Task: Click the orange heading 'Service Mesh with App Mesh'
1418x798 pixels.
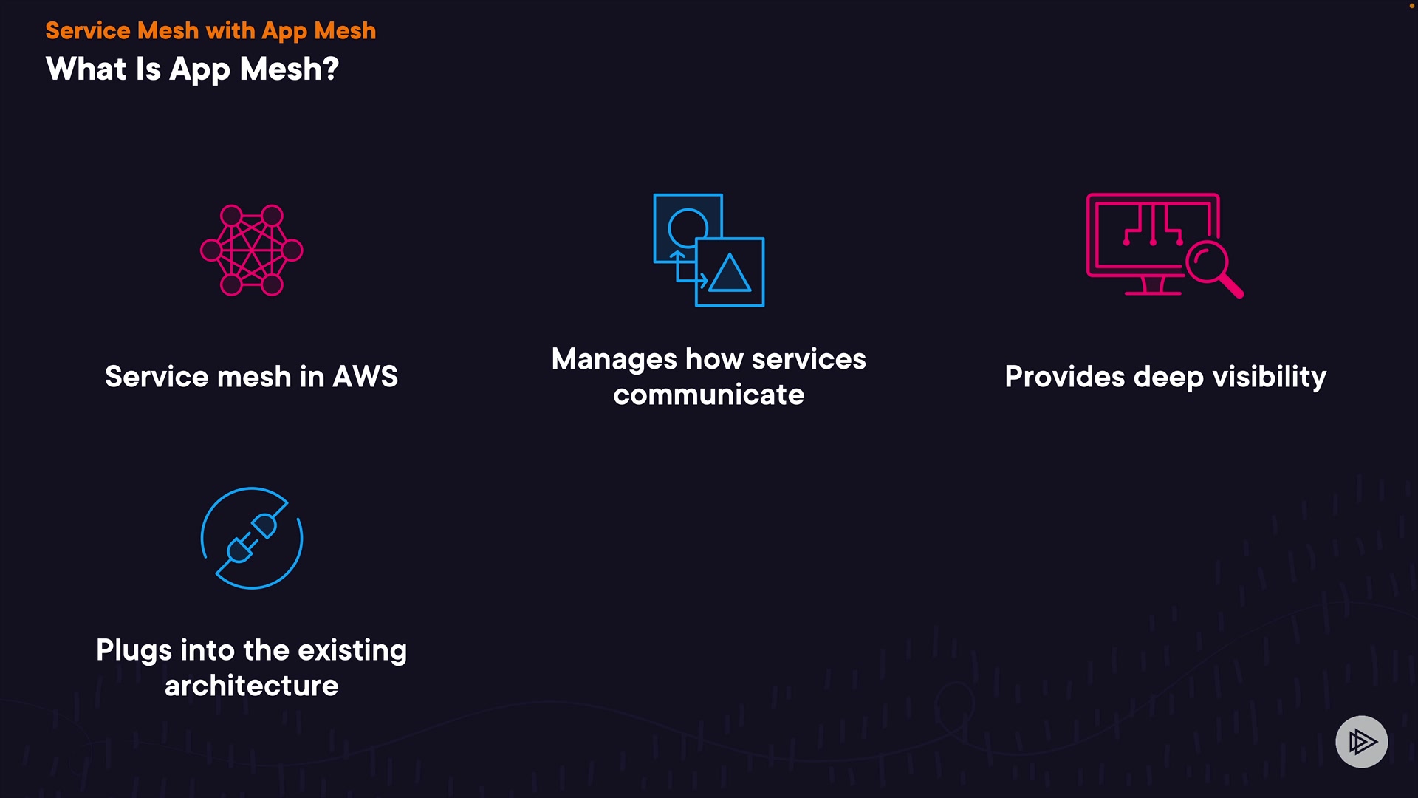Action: (210, 31)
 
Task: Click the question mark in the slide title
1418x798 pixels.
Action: (330, 69)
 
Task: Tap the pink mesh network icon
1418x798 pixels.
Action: (252, 250)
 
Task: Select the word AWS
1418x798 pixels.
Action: (365, 377)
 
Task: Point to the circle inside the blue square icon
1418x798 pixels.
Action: (688, 227)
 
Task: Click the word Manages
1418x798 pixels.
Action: (614, 360)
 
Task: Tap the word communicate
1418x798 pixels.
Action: (708, 395)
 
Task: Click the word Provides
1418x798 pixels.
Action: (1064, 377)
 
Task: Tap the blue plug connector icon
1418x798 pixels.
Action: (252, 538)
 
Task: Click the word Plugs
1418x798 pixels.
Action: (134, 651)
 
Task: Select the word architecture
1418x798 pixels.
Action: (251, 686)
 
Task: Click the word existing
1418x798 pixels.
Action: (352, 651)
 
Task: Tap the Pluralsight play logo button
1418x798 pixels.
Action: (1361, 741)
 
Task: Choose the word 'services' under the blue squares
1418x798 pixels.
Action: (809, 360)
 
